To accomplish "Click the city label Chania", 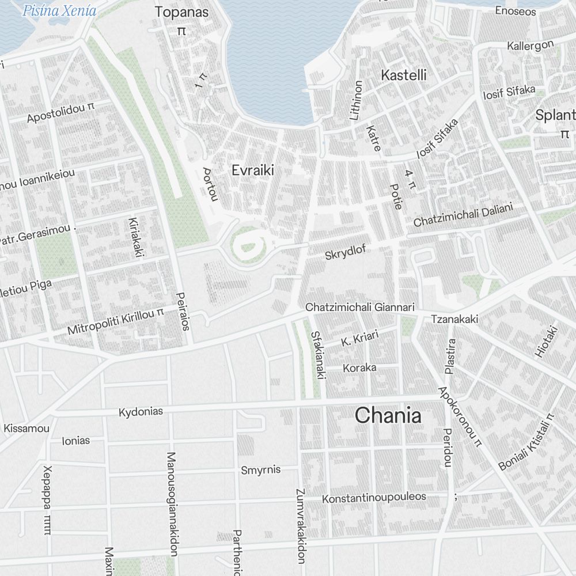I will [x=388, y=415].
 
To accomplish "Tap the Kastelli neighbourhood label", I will [x=404, y=75].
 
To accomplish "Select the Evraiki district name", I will [x=252, y=170].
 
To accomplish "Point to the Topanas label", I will [x=181, y=12].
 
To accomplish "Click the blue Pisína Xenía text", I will [x=59, y=10].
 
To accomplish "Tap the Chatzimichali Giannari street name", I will [x=359, y=308].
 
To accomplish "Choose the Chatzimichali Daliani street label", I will [x=463, y=214].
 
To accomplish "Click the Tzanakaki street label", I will [x=454, y=319].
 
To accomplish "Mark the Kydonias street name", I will [x=141, y=412].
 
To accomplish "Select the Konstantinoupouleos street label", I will [x=374, y=497].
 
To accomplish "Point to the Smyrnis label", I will [x=260, y=469].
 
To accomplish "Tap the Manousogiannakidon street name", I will [x=171, y=504].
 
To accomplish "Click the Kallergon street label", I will [x=530, y=45].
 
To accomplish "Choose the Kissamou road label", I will [x=26, y=428].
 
